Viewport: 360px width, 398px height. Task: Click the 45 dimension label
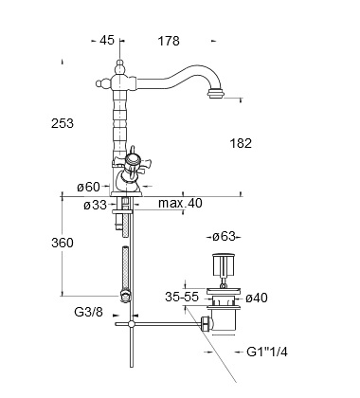tap(107, 41)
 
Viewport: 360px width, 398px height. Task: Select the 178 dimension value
tap(169, 41)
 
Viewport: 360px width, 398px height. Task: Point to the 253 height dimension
tap(63, 123)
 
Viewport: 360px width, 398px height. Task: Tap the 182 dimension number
tap(241, 143)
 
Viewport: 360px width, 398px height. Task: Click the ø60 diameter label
tap(88, 187)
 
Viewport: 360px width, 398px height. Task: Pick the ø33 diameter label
tap(96, 206)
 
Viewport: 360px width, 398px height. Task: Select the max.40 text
tap(180, 203)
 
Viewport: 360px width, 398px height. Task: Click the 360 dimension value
tap(63, 243)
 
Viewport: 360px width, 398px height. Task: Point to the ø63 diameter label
tap(224, 236)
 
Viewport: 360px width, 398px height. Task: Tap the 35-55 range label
tap(182, 297)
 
